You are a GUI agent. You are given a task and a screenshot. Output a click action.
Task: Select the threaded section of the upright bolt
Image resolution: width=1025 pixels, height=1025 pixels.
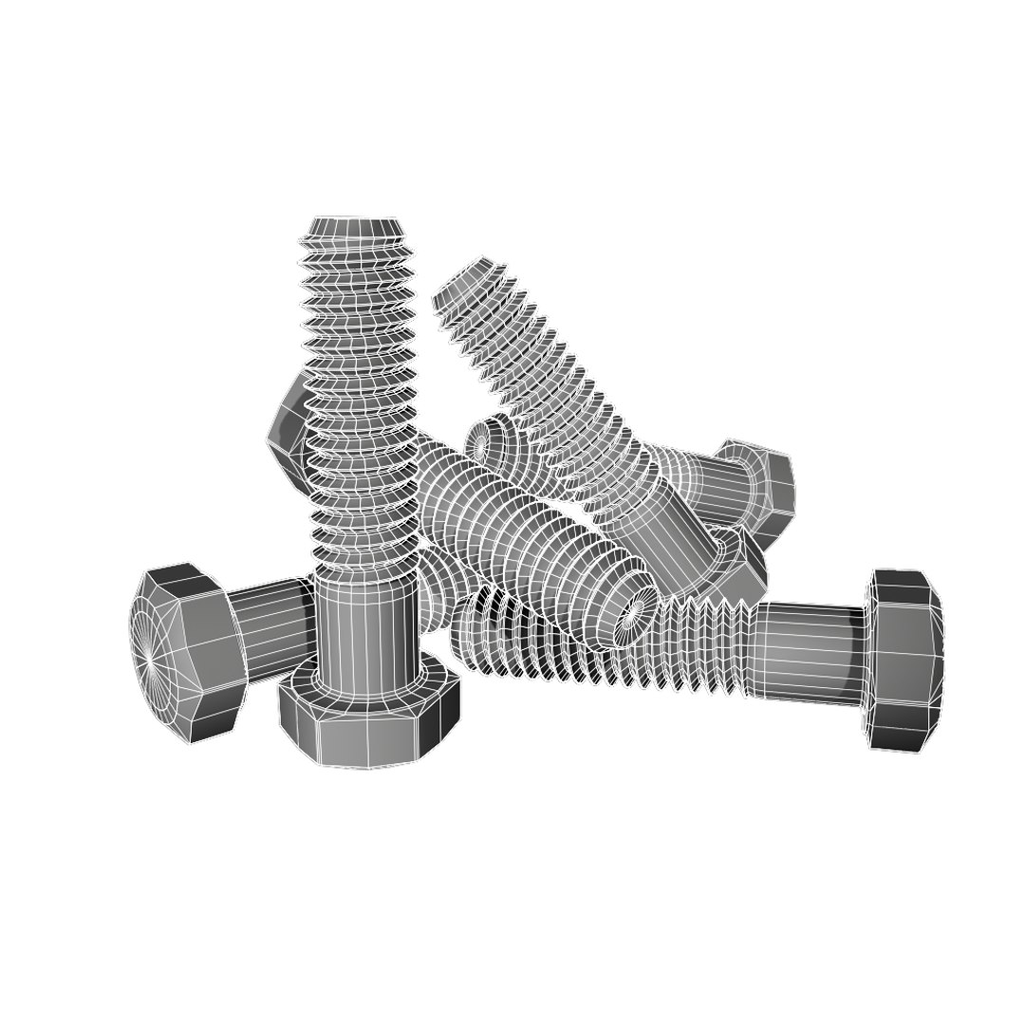pos(359,399)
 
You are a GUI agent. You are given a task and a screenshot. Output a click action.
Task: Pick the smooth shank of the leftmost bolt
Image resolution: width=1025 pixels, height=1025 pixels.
pos(270,622)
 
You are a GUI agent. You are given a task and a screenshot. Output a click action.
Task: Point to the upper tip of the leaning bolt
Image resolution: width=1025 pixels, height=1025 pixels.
pos(470,275)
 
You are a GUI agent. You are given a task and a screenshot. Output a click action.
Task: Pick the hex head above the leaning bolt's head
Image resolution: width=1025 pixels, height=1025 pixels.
pos(759,484)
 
